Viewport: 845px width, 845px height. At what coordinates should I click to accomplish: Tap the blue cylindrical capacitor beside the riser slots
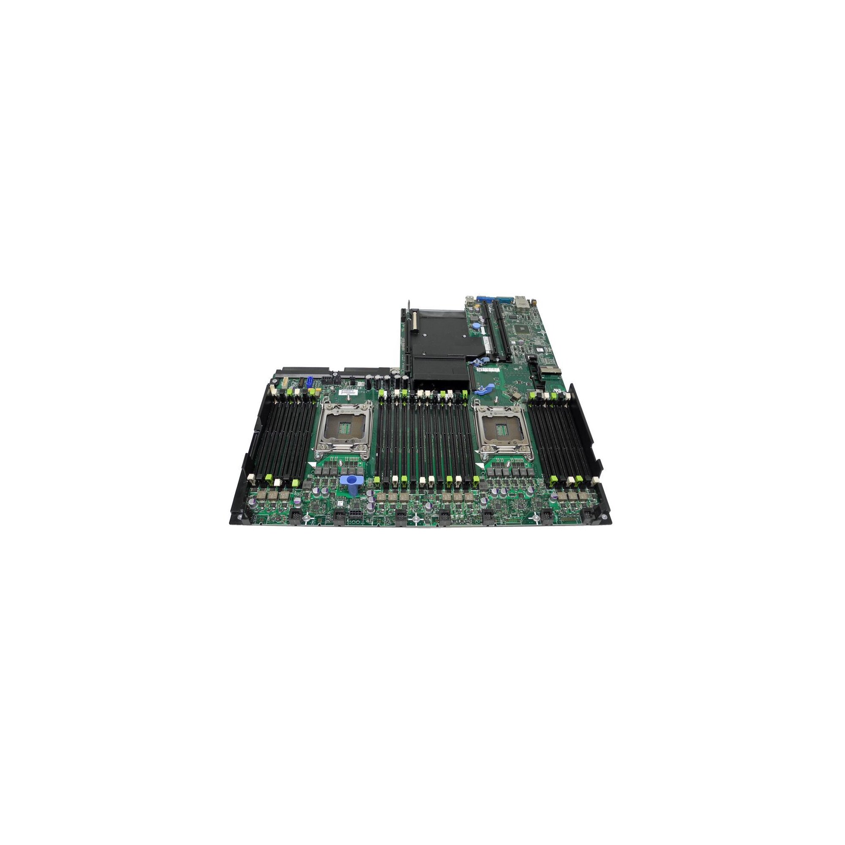[475, 327]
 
